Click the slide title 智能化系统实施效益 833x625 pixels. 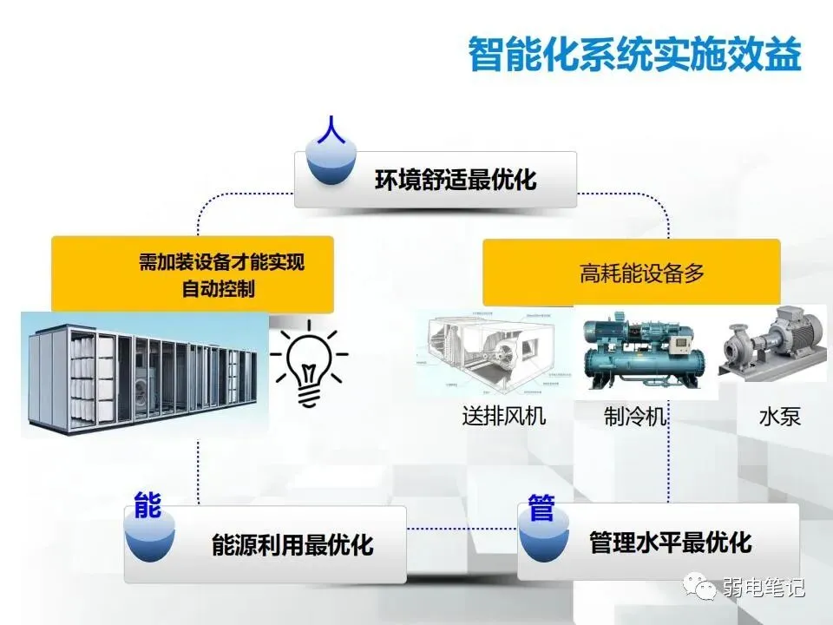[x=634, y=53]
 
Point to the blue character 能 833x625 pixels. [x=148, y=506]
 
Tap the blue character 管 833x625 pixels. [x=541, y=509]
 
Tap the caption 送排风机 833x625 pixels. [x=504, y=416]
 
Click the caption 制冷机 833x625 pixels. [x=635, y=416]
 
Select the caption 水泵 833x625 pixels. [x=778, y=416]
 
